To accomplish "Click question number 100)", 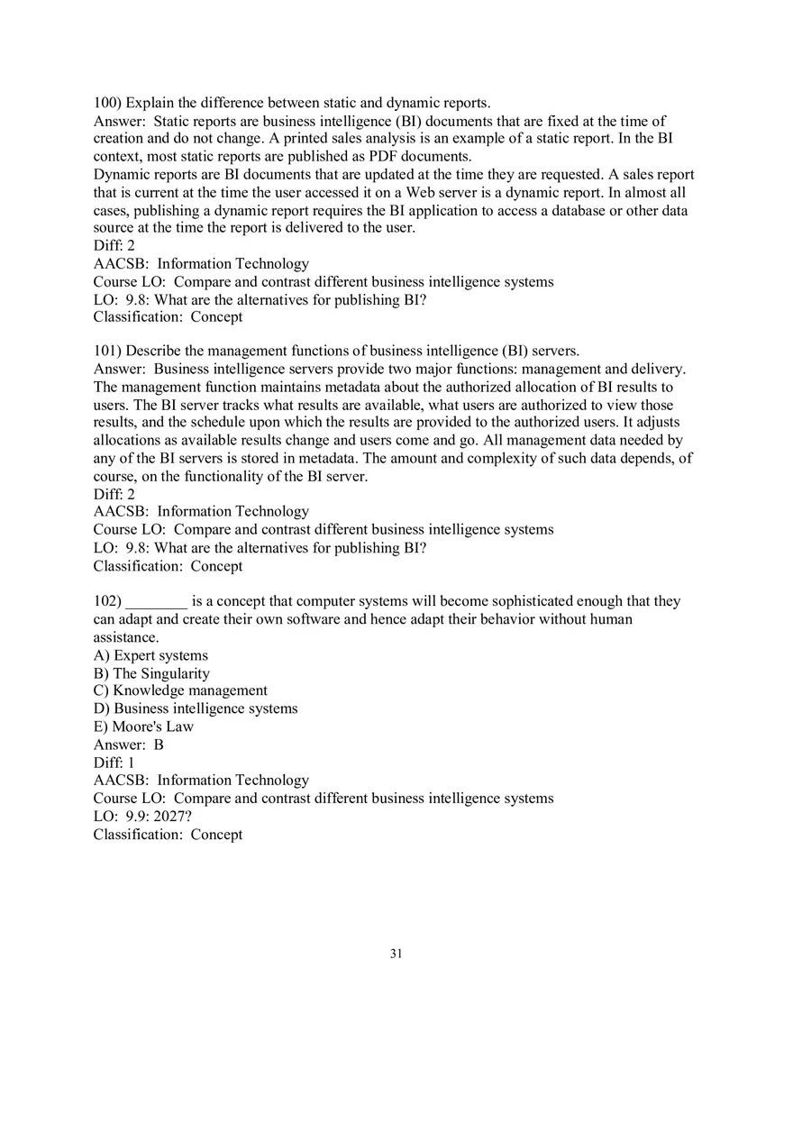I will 107,104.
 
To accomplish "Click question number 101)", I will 107,352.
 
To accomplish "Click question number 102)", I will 107,601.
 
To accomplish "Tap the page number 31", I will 396,954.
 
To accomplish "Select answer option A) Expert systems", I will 150,655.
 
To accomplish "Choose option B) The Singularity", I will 151,673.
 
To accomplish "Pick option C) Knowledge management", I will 180,690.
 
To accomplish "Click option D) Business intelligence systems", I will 196,708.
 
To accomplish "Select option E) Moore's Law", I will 143,726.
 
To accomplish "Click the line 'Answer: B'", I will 129,745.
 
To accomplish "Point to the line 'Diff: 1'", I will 114,763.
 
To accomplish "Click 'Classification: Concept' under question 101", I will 168,566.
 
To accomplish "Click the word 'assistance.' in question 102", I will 126,637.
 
